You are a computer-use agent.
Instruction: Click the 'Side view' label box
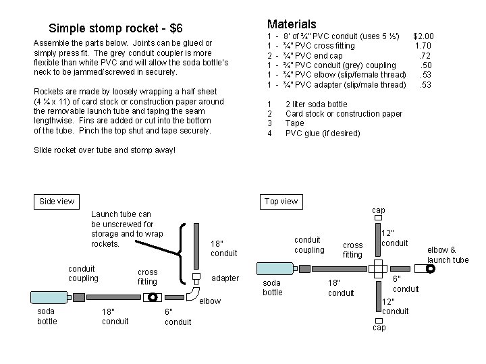click(x=57, y=201)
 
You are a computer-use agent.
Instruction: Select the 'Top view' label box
click(x=281, y=201)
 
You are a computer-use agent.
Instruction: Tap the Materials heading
click(x=292, y=24)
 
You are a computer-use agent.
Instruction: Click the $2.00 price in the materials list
click(x=423, y=36)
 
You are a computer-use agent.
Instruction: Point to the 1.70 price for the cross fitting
click(x=424, y=46)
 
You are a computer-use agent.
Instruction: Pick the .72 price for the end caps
click(x=425, y=55)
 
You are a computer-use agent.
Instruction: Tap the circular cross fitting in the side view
click(x=153, y=297)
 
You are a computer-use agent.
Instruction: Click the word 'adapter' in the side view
click(x=225, y=278)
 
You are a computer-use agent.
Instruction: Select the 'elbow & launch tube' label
click(x=447, y=255)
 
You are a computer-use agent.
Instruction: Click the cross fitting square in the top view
click(x=379, y=268)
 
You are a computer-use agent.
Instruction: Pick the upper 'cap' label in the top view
click(x=379, y=210)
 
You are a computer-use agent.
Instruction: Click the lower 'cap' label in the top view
click(x=379, y=327)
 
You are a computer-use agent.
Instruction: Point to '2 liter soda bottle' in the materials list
click(x=316, y=104)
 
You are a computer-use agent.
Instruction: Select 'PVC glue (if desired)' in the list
click(x=323, y=133)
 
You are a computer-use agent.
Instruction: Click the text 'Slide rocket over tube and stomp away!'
click(x=104, y=149)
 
